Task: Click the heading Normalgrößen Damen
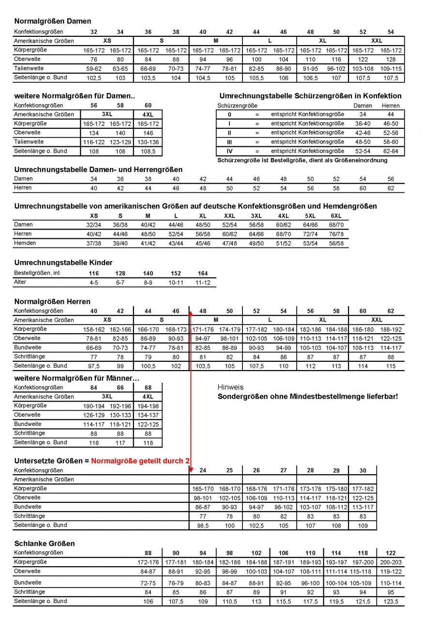[x=53, y=21]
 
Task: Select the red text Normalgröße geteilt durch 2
[x=140, y=461]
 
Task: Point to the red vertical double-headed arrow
[x=191, y=387]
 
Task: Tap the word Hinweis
[x=231, y=387]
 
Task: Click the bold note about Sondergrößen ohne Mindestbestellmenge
[x=308, y=397]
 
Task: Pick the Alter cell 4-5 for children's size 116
[x=94, y=282]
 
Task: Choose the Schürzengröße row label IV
[x=229, y=151]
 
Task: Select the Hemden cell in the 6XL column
[x=336, y=243]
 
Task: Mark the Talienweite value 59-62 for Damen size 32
[x=94, y=69]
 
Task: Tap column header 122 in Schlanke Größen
[x=391, y=553]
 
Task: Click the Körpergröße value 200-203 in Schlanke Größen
[x=391, y=562]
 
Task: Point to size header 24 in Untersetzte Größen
[x=203, y=470]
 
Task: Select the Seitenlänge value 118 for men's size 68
[x=148, y=443]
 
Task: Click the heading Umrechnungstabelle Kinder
[x=63, y=263]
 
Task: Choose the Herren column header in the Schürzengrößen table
[x=391, y=105]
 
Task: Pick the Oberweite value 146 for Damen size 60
[x=148, y=133]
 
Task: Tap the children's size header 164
[x=203, y=273]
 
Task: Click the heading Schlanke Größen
[x=45, y=543]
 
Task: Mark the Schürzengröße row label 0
[x=229, y=114]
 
